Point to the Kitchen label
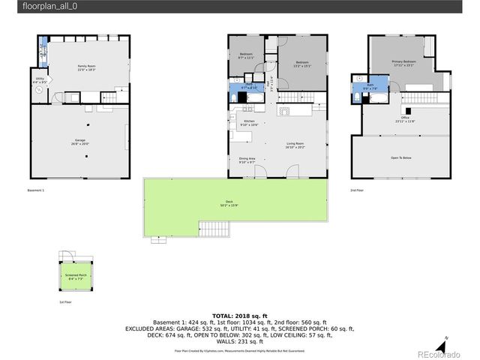249,122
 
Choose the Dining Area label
247,160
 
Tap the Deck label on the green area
230,202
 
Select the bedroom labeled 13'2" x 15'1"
301,63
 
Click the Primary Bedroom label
403,64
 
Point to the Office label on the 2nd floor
405,118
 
